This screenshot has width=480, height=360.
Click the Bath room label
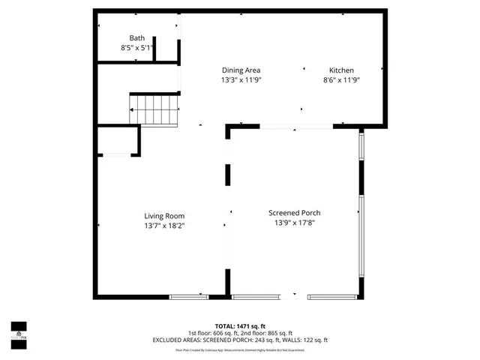click(136, 38)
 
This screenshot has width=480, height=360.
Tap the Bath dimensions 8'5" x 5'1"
click(136, 48)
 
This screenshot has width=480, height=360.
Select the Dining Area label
click(240, 70)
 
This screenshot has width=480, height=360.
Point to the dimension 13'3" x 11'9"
click(240, 79)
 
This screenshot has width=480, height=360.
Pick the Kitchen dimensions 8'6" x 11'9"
click(341, 79)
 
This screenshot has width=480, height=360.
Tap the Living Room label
click(164, 216)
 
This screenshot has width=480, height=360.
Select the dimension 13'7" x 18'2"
click(164, 225)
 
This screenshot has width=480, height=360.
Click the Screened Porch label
click(295, 213)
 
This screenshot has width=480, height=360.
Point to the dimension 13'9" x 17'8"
click(295, 223)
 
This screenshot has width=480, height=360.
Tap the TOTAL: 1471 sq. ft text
click(239, 325)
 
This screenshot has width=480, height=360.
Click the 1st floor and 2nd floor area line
click(239, 333)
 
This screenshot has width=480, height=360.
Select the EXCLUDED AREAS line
click(239, 340)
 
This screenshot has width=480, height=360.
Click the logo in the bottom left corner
click(18, 331)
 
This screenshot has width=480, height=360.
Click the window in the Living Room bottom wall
click(189, 296)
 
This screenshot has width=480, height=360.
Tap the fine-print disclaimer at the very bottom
click(239, 349)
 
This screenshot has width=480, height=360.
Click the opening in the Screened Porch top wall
click(298, 127)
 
